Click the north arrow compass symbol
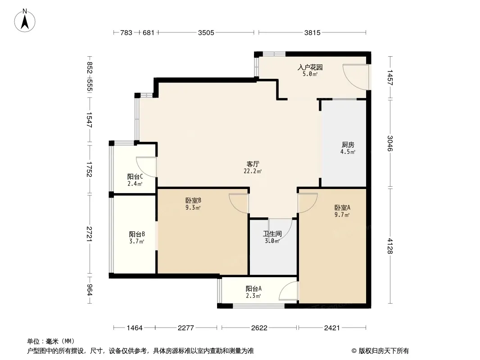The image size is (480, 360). [x=25, y=21]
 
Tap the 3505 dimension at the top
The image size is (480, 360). [x=206, y=32]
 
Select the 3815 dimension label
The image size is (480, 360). [x=312, y=32]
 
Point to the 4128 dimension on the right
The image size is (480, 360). [x=389, y=246]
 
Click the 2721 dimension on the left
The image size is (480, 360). [x=89, y=234]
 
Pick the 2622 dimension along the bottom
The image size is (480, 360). [x=259, y=328]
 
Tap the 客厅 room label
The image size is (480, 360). [x=253, y=164]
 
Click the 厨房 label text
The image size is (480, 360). [x=348, y=144]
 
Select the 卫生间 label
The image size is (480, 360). [x=272, y=234]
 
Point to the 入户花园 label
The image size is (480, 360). [x=310, y=67]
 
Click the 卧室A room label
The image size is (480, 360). [x=342, y=208]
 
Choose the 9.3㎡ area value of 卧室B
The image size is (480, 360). [x=193, y=208]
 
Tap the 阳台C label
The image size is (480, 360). [x=135, y=177]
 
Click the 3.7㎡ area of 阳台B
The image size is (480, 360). [x=136, y=242]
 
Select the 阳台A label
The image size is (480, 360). [x=254, y=289]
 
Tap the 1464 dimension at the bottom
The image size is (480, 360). [x=135, y=328]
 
